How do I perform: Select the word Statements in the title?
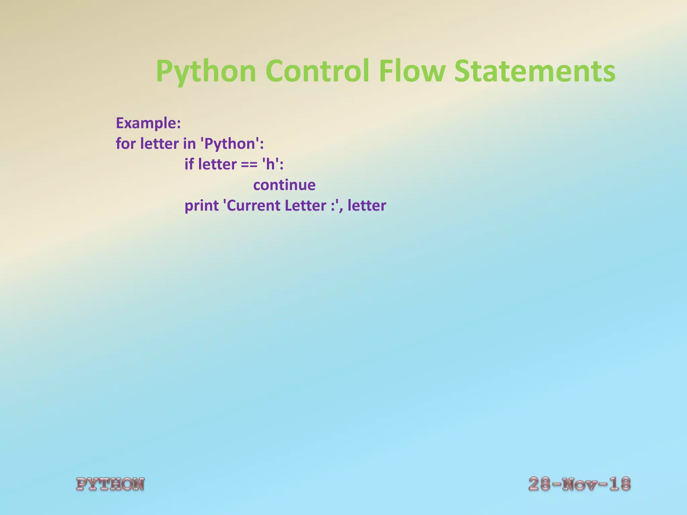[x=535, y=71]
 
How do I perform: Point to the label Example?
[x=148, y=123]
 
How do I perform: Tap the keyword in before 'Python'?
[x=189, y=144]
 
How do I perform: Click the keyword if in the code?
[x=189, y=164]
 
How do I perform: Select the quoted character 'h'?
[x=270, y=164]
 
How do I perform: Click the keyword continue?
[x=284, y=185]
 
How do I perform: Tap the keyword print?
[x=202, y=206]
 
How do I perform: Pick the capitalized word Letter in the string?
[x=305, y=206]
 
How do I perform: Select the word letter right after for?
[x=159, y=144]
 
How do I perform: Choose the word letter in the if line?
[x=217, y=164]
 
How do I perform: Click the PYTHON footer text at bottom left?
[x=110, y=484]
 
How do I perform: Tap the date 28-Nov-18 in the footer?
[x=579, y=484]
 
